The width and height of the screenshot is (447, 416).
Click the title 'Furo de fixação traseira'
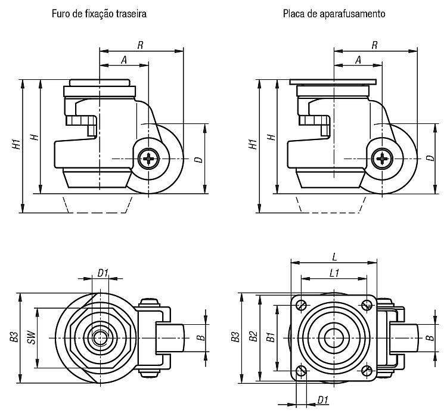(x=99, y=14)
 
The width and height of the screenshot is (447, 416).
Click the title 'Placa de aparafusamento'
(x=334, y=14)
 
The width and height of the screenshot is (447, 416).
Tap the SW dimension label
(x=33, y=337)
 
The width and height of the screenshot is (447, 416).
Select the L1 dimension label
(x=334, y=273)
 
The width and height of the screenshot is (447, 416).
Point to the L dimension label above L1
(x=335, y=257)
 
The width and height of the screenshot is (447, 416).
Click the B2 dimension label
(x=253, y=336)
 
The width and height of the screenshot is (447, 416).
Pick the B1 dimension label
(x=271, y=337)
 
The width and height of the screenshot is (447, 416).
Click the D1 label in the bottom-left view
(x=103, y=273)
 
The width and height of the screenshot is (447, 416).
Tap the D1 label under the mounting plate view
(x=322, y=400)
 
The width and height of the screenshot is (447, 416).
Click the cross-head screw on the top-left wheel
(x=148, y=159)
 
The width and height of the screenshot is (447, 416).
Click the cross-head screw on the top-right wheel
(x=382, y=159)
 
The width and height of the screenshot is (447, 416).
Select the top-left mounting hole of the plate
(x=301, y=305)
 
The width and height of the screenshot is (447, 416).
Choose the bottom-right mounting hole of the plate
(x=367, y=371)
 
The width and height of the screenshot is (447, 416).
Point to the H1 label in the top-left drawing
(x=17, y=144)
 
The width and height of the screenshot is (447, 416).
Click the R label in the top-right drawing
(x=375, y=45)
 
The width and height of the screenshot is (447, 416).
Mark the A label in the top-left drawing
(x=124, y=60)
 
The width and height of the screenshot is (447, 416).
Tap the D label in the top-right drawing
(x=431, y=158)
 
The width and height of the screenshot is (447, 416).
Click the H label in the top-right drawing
(x=272, y=137)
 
